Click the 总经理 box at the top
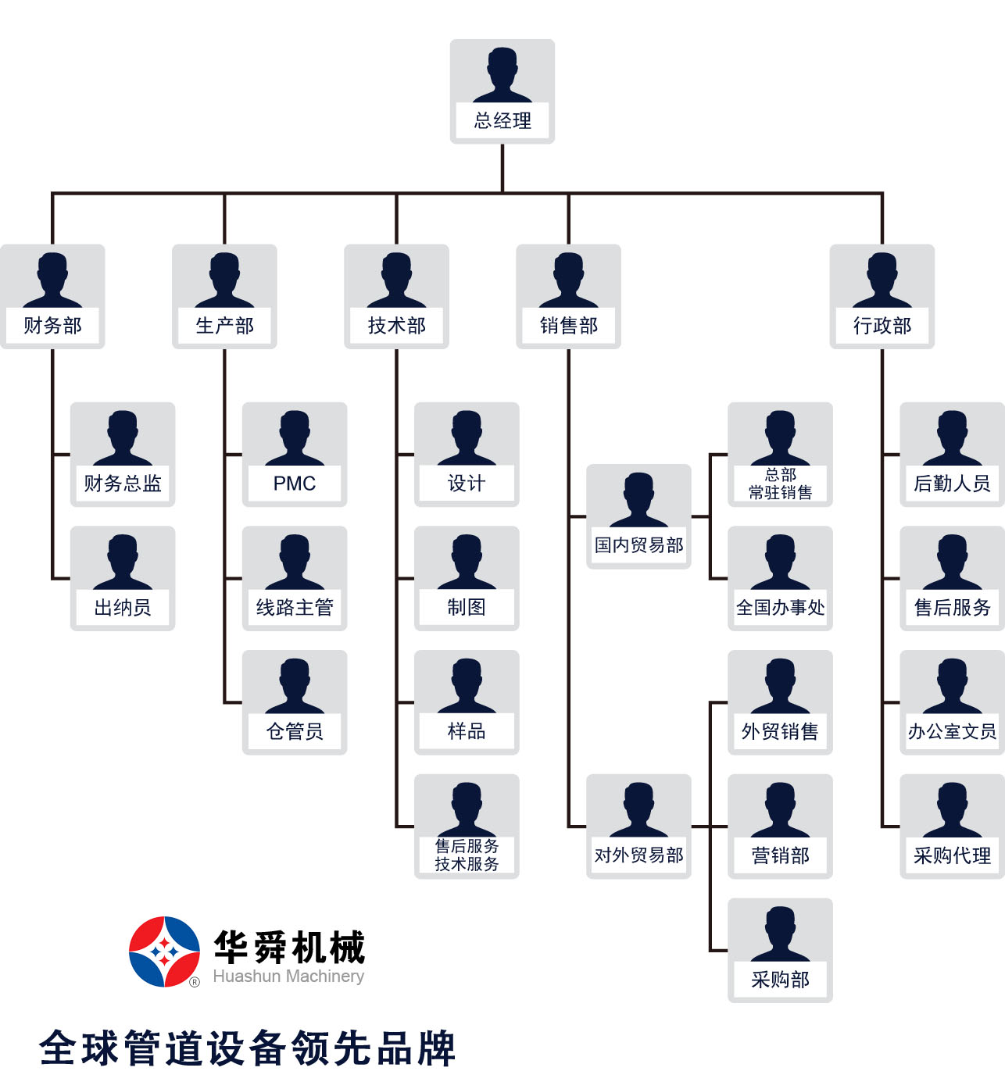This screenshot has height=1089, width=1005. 502,91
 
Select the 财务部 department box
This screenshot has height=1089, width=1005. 52,296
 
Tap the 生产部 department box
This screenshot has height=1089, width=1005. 224,296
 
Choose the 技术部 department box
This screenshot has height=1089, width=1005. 396,296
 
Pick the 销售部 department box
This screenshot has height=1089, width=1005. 568,296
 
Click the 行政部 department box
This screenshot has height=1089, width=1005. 882,296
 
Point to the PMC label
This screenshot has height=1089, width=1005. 295,484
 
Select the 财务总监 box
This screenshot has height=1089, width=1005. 123,454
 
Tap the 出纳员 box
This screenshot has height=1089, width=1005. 123,578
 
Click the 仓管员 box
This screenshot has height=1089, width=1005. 295,702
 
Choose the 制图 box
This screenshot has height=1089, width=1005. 467,578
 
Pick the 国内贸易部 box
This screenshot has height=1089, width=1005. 638,516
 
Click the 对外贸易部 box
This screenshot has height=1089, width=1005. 638,826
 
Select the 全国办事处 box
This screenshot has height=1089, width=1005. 780,578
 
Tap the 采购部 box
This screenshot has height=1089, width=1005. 780,950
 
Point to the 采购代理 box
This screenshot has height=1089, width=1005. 952,826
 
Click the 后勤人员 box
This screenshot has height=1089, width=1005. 952,454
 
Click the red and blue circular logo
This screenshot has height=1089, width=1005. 164,952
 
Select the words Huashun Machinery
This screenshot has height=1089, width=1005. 288,977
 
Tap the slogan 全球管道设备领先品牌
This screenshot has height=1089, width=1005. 247,1048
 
